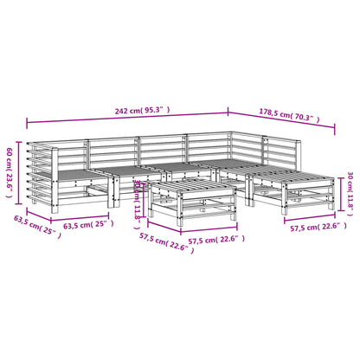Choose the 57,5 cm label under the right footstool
tap(313, 228)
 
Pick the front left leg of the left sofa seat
tap(58, 205)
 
